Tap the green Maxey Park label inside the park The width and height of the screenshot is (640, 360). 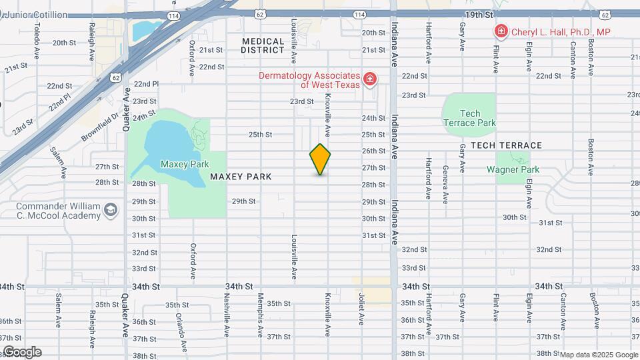[x=185, y=164]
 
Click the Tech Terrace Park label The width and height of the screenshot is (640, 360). [x=469, y=118]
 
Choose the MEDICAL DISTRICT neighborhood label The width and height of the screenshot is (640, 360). [x=263, y=45]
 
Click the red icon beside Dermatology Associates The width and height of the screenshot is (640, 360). [x=370, y=81]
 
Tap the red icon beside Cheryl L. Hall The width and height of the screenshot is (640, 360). [x=500, y=31]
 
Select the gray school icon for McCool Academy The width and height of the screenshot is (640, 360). [x=110, y=211]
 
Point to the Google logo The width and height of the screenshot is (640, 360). [x=22, y=352]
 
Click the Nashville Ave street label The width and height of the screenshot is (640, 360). [x=227, y=314]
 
